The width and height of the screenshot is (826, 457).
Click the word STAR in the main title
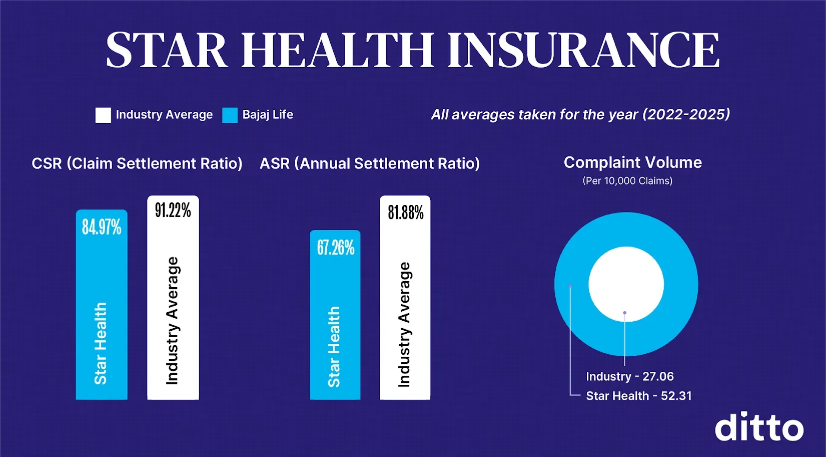point(167,50)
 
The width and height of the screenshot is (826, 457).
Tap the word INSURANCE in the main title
point(583,50)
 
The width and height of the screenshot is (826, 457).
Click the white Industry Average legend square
point(103,115)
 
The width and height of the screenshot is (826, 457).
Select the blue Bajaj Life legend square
point(230,115)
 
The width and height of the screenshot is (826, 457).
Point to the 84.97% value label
point(102,227)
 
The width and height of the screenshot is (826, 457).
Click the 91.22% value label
point(173,210)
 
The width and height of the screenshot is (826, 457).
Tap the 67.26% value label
point(335,248)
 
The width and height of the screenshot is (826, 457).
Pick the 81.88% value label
point(405,212)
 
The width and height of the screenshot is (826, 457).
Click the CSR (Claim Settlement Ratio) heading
point(137,164)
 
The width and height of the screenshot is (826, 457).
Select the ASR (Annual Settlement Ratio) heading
point(369,164)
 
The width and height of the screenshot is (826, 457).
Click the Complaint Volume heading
point(632,162)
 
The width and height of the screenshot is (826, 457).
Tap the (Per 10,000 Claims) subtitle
point(627,181)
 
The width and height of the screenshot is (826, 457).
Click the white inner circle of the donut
point(626,281)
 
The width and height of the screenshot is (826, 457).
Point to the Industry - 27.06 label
point(629,376)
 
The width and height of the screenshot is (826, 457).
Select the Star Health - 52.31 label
point(638,396)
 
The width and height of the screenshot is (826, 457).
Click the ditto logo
point(758,427)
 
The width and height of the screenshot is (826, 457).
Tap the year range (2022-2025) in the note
point(686,115)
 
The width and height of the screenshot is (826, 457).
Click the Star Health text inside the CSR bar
point(101,343)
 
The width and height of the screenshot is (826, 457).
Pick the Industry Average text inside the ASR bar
point(404,324)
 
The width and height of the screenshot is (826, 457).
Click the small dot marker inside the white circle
point(624,313)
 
